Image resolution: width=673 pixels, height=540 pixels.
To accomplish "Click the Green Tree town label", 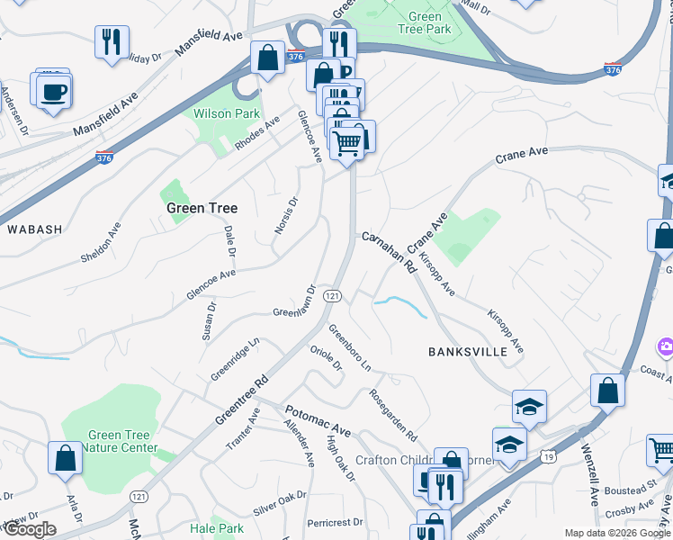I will coord(202,208).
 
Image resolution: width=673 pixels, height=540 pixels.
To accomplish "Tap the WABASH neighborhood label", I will coord(35,229).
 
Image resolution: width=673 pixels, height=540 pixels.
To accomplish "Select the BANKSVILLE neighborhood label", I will coord(468,351).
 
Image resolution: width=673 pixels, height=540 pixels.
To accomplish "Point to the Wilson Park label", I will coord(227,114).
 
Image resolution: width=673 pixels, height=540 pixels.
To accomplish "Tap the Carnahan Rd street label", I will coord(388,253).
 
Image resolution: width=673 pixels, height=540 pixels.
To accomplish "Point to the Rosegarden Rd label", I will coord(394,414).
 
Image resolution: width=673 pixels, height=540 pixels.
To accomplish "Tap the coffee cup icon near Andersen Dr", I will coord(55,90).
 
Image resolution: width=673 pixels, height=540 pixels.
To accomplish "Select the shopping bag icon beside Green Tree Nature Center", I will coord(66,458).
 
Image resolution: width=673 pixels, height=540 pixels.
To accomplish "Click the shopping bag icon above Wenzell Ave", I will coord(608,390).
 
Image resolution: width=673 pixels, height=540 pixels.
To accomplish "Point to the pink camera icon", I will coord(666,346).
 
